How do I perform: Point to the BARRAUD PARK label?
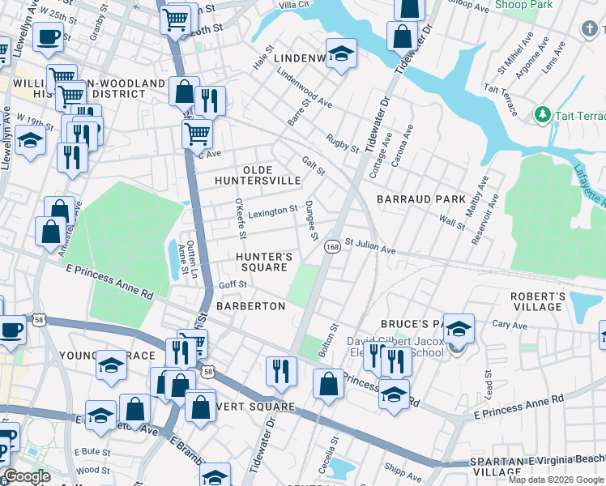click(x=421, y=199)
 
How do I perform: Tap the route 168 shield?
click(x=332, y=245)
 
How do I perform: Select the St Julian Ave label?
click(x=370, y=245)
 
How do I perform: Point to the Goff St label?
click(x=233, y=285)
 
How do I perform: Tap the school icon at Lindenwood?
click(x=341, y=53)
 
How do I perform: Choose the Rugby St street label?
click(x=342, y=143)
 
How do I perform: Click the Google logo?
click(x=27, y=476)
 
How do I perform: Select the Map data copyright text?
click(x=556, y=480)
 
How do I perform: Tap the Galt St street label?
click(x=313, y=166)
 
